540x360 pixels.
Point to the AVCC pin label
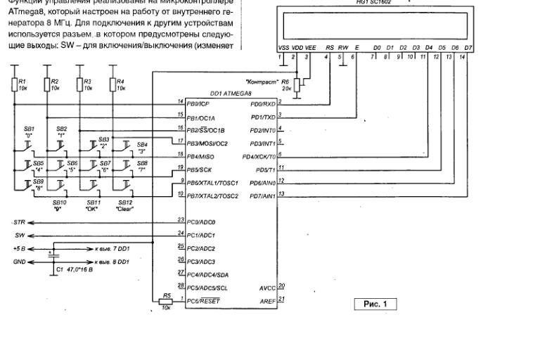click(268, 287)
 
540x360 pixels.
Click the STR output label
click(19, 222)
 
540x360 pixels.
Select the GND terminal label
click(19, 259)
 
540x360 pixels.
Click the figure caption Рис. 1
click(376, 304)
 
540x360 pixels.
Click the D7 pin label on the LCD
click(468, 48)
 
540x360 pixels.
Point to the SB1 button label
click(29, 129)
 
